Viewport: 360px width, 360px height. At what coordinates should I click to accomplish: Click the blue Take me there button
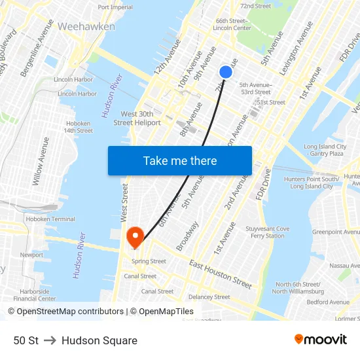click(180, 160)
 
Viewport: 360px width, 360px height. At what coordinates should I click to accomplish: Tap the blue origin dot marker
click(225, 72)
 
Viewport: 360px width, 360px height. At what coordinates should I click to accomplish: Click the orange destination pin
click(135, 236)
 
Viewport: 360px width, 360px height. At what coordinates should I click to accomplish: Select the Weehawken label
click(86, 27)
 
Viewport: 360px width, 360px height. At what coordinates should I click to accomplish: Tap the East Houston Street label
click(221, 274)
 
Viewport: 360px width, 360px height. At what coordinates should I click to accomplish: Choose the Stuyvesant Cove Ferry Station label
click(267, 232)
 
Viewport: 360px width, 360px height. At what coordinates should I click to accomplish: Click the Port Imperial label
click(115, 7)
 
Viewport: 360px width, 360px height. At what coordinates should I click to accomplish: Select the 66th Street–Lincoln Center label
click(232, 24)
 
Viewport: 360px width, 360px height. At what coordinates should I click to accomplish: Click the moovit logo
click(321, 340)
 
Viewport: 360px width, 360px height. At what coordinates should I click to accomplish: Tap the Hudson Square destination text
click(99, 340)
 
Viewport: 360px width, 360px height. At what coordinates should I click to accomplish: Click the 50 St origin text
click(26, 340)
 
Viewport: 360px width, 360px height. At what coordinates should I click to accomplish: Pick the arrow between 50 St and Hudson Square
click(50, 340)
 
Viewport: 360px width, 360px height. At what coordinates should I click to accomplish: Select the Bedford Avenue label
click(328, 302)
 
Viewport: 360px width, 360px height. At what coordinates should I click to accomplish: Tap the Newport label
click(31, 255)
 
